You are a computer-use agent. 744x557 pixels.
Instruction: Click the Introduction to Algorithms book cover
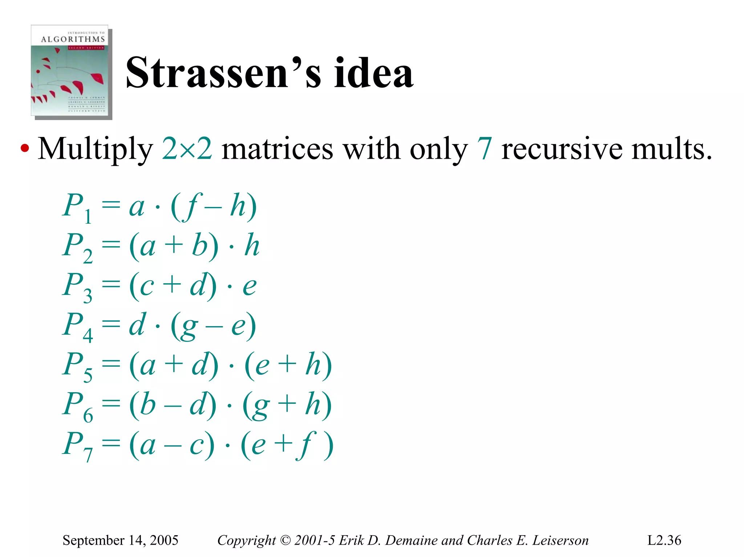tap(71, 71)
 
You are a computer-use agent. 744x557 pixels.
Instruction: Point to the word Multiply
tap(95, 149)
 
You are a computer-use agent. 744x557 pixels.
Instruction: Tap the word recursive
tap(561, 149)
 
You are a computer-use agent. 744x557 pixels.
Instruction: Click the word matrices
tap(277, 149)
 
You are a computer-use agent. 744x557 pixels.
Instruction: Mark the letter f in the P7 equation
tap(306, 444)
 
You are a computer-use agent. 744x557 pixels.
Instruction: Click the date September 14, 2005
tap(120, 540)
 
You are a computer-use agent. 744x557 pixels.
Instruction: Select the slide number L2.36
tap(664, 540)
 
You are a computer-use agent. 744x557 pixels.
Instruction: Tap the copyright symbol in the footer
tap(286, 540)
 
